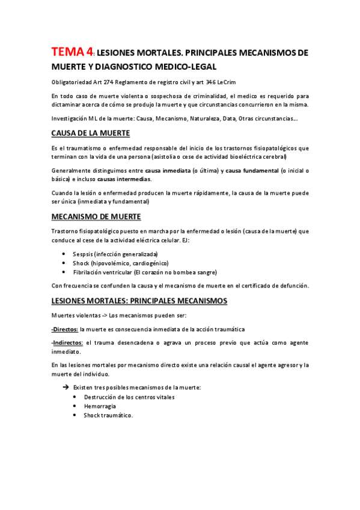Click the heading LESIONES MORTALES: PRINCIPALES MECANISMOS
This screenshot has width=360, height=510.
[139, 300]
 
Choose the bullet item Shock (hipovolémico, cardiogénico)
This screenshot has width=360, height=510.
[120, 263]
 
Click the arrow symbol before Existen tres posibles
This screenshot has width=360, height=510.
[66, 388]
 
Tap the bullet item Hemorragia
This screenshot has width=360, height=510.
[100, 406]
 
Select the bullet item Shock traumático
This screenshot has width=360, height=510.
[108, 415]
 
